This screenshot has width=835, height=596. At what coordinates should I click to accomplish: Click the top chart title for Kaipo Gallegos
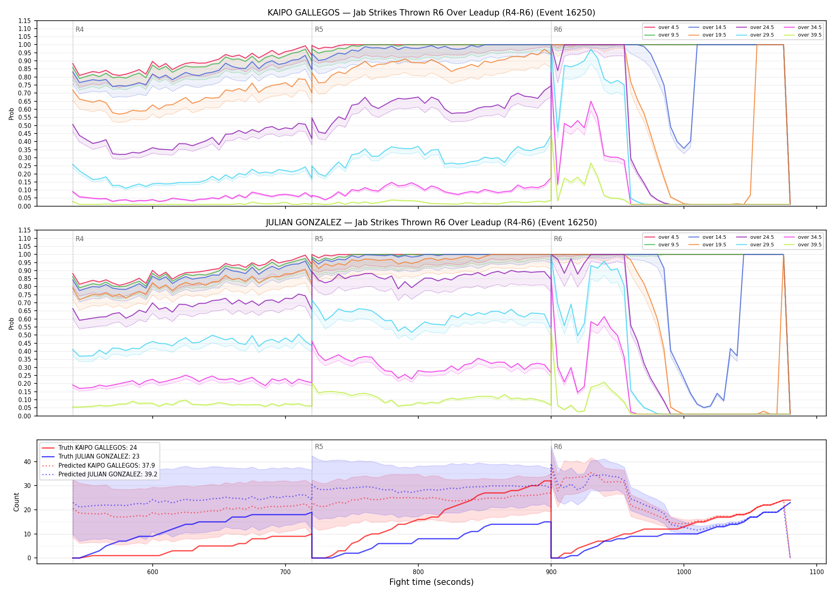pyautogui.click(x=431, y=13)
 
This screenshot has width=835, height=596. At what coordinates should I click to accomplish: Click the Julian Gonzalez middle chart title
pyautogui.click(x=431, y=223)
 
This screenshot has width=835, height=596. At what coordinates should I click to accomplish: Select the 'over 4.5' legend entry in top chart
pyautogui.click(x=662, y=27)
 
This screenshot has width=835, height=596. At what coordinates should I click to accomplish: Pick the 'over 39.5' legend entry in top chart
pyautogui.click(x=803, y=35)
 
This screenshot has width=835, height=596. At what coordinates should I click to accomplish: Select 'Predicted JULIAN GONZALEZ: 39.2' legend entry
pyautogui.click(x=99, y=474)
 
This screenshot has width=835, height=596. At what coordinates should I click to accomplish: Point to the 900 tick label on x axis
pyautogui.click(x=551, y=572)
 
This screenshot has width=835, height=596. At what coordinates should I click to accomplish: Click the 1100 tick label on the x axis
pyautogui.click(x=817, y=572)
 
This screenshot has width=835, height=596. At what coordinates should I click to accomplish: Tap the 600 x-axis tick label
pyautogui.click(x=153, y=572)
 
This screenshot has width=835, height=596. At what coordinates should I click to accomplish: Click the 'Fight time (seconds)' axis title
pyautogui.click(x=431, y=582)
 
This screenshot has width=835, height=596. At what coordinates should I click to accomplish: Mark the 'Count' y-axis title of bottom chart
pyautogui.click(x=16, y=502)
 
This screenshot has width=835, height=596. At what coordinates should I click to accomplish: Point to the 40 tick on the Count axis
pyautogui.click(x=27, y=462)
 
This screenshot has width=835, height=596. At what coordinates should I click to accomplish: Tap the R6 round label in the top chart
pyautogui.click(x=558, y=29)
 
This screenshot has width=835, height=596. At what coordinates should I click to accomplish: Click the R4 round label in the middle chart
pyautogui.click(x=80, y=239)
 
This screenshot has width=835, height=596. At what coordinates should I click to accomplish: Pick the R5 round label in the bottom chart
pyautogui.click(x=319, y=447)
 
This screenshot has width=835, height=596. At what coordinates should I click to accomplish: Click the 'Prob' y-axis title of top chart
pyautogui.click(x=12, y=114)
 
